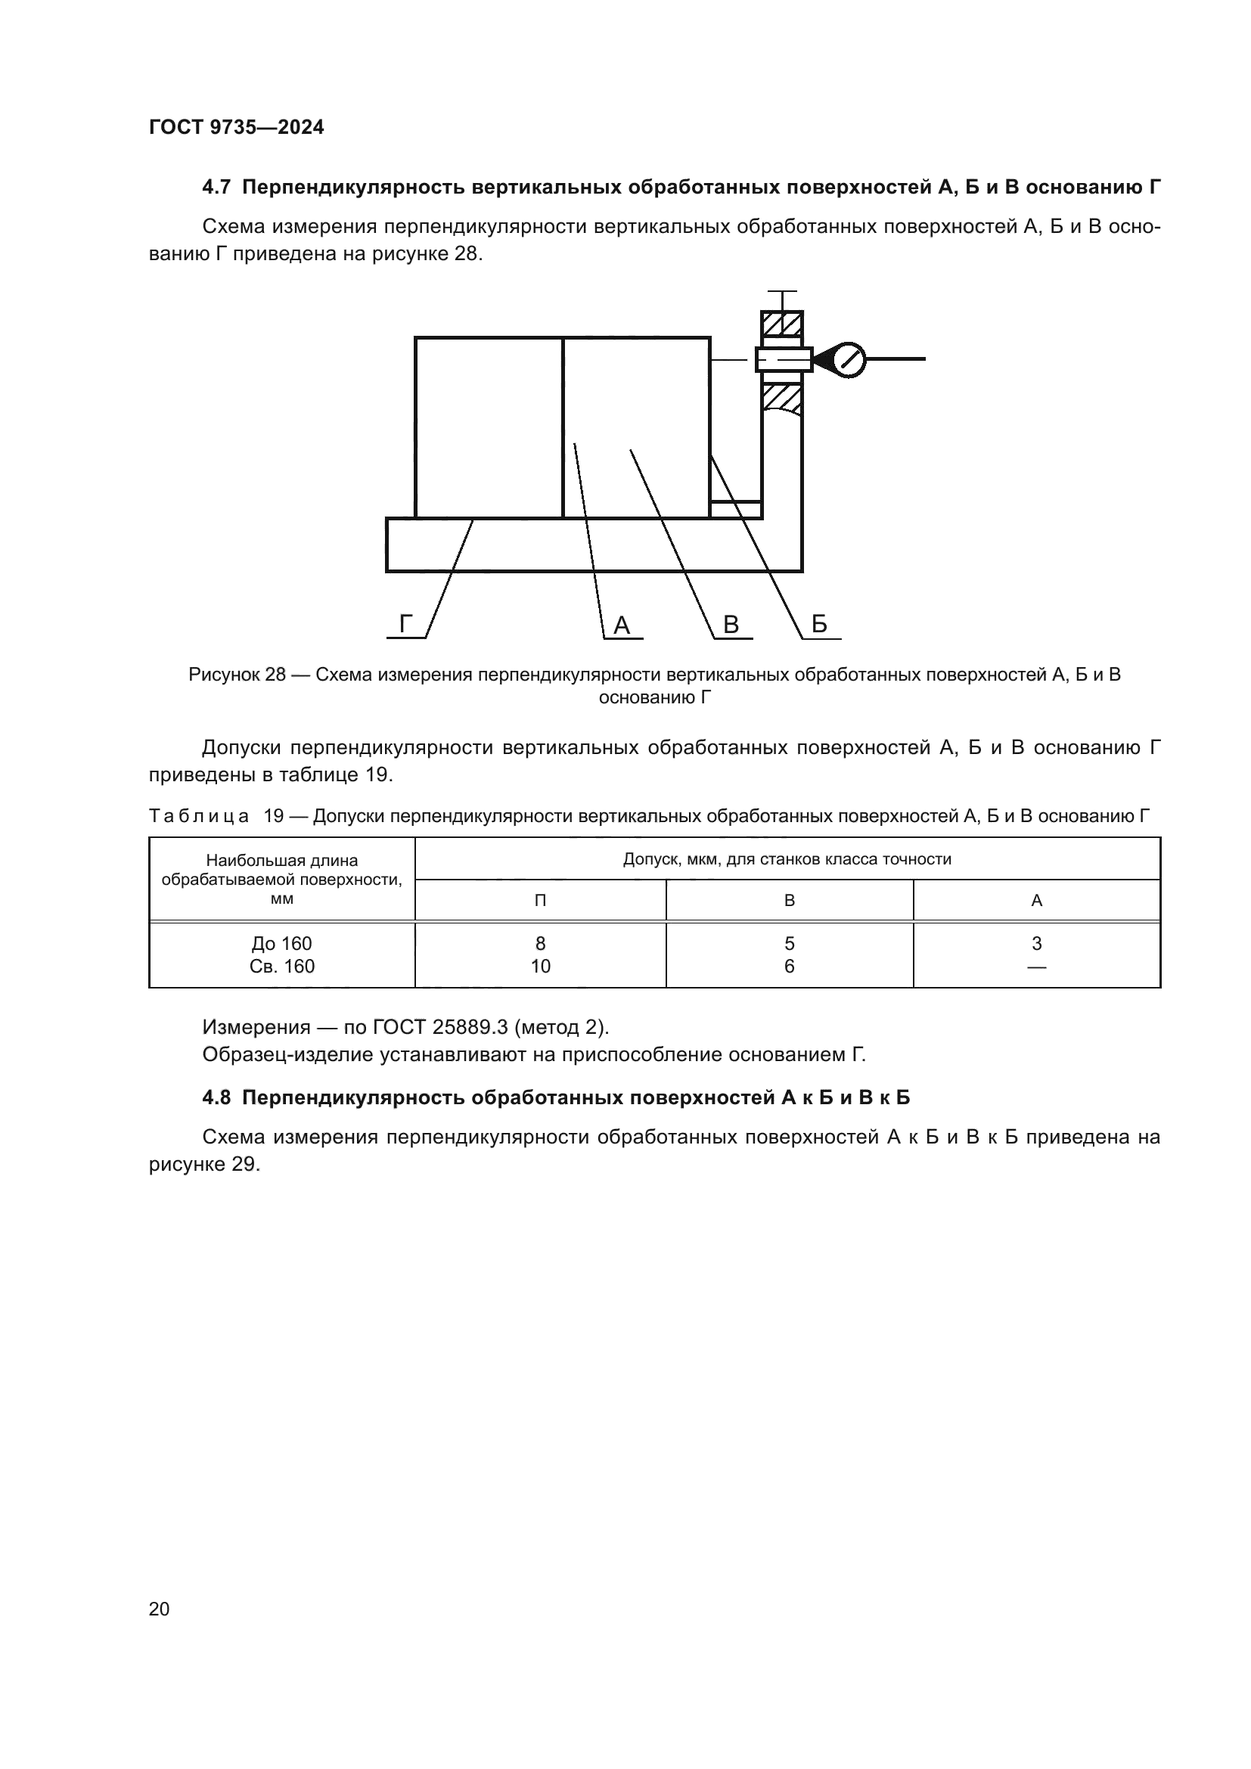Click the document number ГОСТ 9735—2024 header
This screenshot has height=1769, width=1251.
[236, 128]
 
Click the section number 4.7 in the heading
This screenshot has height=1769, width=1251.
[216, 188]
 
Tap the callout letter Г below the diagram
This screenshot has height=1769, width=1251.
[406, 624]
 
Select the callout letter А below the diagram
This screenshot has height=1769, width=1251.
[622, 625]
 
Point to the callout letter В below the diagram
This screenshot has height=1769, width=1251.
[731, 625]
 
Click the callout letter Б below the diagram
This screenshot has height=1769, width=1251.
[819, 624]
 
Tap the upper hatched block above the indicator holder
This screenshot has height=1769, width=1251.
[782, 324]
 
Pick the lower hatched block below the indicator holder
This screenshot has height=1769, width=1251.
[782, 398]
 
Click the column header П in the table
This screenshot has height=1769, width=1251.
[540, 901]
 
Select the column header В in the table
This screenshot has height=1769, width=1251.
[789, 901]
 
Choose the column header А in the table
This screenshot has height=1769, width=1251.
[1036, 901]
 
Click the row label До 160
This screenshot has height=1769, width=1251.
[282, 944]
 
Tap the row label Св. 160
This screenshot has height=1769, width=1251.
[282, 966]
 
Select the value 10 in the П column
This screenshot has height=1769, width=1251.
[540, 966]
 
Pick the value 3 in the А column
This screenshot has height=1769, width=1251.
[1036, 943]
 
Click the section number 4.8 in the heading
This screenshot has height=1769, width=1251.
[216, 1098]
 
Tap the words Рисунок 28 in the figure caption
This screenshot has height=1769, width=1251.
[237, 675]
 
